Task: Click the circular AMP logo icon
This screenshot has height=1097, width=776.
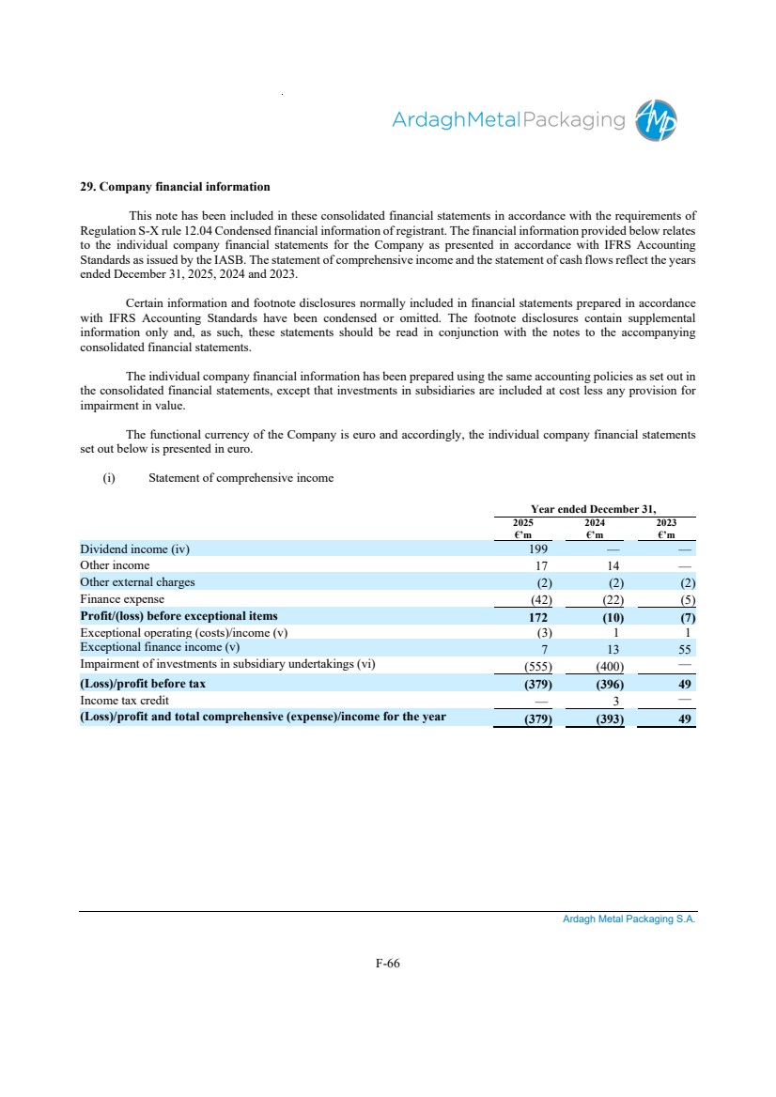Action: click(657, 120)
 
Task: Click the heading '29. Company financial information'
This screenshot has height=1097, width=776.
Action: click(175, 187)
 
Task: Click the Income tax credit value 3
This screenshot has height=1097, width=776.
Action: click(613, 702)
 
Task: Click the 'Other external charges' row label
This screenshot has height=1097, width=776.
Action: click(137, 582)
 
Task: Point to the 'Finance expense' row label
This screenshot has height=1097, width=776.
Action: click(122, 599)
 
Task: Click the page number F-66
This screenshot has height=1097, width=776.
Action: click(387, 963)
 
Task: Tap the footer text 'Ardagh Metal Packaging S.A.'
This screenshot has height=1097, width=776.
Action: click(629, 919)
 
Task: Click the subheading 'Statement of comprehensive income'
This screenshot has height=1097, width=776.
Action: click(241, 478)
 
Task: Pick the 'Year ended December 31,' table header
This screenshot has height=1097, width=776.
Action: click(594, 508)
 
